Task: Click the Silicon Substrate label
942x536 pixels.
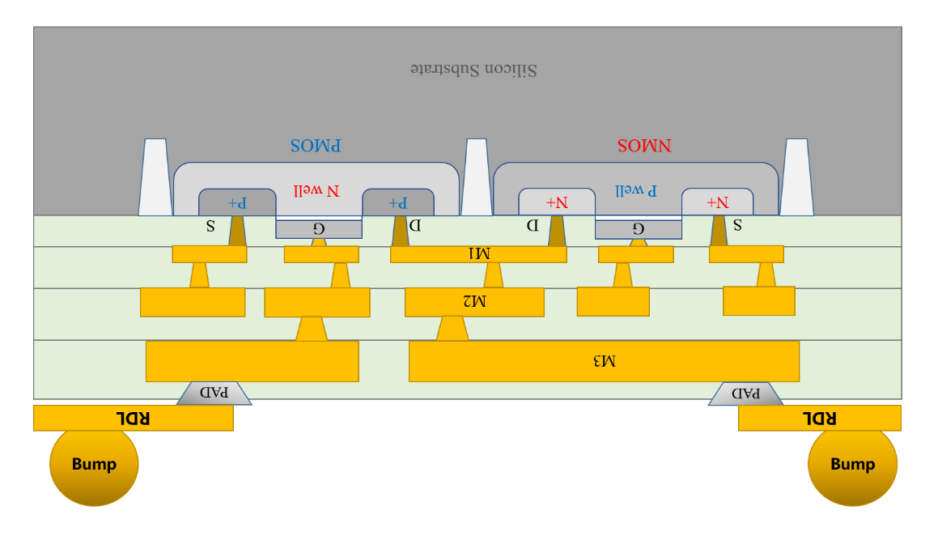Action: click(473, 69)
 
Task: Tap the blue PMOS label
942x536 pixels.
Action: click(316, 146)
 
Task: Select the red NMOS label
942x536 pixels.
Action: click(644, 146)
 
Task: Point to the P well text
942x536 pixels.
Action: click(635, 190)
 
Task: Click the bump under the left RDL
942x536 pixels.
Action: click(94, 465)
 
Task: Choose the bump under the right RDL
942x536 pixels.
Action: click(852, 465)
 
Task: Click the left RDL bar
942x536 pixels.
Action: click(134, 418)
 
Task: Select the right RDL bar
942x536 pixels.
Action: click(819, 418)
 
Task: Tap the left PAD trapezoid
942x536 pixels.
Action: click(214, 393)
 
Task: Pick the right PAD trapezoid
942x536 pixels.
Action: click(745, 393)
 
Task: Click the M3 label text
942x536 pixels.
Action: click(604, 361)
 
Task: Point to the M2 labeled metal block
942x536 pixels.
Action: click(474, 302)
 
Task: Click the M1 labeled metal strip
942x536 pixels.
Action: click(478, 254)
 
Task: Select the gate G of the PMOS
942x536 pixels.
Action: click(319, 228)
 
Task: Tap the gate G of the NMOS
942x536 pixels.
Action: click(638, 228)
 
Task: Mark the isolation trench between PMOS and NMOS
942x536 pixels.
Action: click(477, 178)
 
